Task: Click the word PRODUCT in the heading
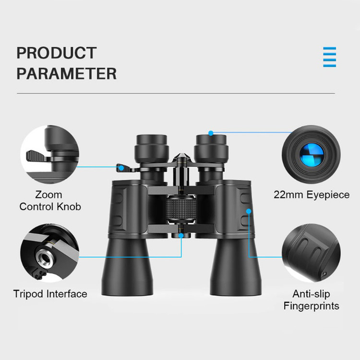click(57, 53)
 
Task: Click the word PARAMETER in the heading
click(67, 73)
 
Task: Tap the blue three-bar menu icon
click(329, 57)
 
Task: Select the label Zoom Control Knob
click(50, 201)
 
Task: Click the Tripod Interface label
click(50, 294)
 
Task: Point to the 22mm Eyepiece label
click(312, 195)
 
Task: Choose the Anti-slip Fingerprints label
click(312, 300)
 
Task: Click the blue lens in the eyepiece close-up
click(312, 155)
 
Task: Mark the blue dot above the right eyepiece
click(211, 133)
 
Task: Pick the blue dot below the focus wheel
click(181, 236)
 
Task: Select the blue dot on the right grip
click(249, 211)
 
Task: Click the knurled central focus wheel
click(181, 210)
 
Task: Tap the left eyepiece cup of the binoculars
click(152, 148)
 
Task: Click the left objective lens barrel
click(127, 266)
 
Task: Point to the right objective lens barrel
click(236, 266)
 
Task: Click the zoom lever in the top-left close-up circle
click(37, 156)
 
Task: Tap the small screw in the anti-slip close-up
click(324, 274)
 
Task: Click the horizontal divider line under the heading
click(176, 94)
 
